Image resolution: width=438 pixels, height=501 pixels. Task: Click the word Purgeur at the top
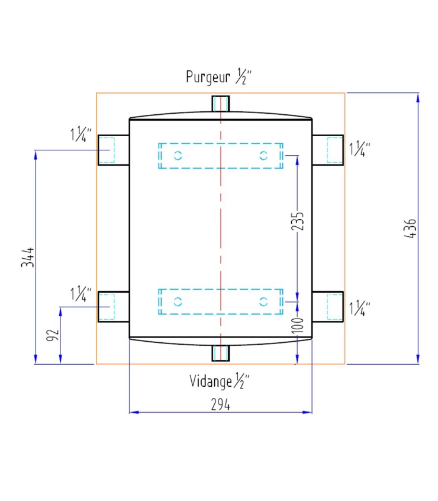pos(208,77)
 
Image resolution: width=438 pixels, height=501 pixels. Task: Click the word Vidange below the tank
pos(210,381)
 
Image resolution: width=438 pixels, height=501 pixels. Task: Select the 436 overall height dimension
pos(411,229)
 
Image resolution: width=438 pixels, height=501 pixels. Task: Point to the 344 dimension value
pos(27,257)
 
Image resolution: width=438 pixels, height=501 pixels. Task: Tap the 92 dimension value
pos(53,335)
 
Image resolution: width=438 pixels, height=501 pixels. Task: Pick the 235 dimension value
pos(297,221)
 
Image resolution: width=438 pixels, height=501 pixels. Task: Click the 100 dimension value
pos(297,325)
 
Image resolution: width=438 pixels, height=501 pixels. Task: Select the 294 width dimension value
pos(220,404)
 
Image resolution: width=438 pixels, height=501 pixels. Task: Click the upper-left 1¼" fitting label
pos(81,134)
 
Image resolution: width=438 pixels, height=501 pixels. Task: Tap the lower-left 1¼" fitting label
pos(81,294)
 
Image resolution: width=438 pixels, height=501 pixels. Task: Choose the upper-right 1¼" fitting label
pos(360,149)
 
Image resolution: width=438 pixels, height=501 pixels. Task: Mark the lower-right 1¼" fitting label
pos(360,309)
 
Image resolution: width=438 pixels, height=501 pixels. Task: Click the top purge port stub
pos(221,104)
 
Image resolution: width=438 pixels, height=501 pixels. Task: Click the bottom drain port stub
pos(221,353)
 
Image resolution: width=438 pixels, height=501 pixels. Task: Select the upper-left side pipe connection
pos(113,150)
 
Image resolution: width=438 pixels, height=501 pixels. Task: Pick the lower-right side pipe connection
pos(328,307)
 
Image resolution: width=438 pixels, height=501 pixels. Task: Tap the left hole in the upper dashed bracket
pos(178,156)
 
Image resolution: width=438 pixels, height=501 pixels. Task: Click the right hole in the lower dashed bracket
pos(263,301)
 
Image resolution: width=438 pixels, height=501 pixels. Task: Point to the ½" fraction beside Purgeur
pos(244,76)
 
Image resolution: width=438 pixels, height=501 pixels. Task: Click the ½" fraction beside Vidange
pos(241,381)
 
